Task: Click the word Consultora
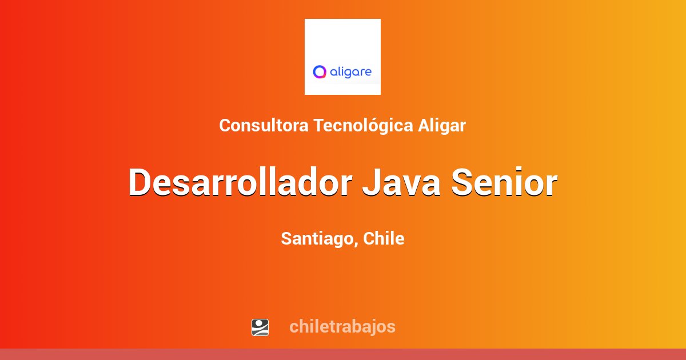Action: (x=264, y=125)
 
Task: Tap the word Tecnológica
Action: (x=362, y=125)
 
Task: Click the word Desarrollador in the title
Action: (x=239, y=182)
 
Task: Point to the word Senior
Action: (x=504, y=182)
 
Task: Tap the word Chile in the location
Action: (x=384, y=238)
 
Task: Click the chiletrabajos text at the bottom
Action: (x=342, y=326)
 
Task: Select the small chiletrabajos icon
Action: (x=260, y=327)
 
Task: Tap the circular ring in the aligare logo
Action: (x=320, y=72)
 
